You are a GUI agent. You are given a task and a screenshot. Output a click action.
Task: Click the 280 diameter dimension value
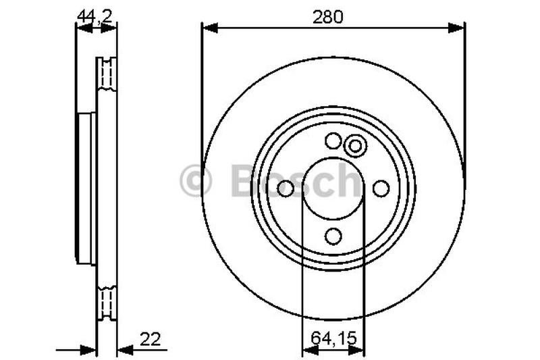(x=332, y=18)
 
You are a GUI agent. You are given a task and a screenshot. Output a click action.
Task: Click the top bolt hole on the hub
(x=333, y=141)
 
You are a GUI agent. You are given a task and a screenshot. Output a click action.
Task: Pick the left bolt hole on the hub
(x=286, y=188)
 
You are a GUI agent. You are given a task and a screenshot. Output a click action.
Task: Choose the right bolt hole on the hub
(x=381, y=188)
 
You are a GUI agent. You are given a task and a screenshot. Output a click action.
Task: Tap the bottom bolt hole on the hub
(x=333, y=236)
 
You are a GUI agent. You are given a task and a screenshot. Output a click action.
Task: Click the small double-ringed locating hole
(x=354, y=145)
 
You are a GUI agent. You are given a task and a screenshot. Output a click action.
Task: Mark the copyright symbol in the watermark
(x=196, y=181)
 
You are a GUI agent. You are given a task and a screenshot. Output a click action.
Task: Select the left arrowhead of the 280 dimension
(x=209, y=28)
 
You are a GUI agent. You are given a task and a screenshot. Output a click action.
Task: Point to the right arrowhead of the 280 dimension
(x=458, y=28)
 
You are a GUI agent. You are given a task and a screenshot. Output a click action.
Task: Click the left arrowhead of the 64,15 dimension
(x=307, y=350)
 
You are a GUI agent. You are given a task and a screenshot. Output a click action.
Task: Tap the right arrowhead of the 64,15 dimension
(x=358, y=350)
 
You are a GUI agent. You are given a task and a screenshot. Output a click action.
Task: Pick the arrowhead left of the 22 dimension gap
(x=90, y=350)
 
